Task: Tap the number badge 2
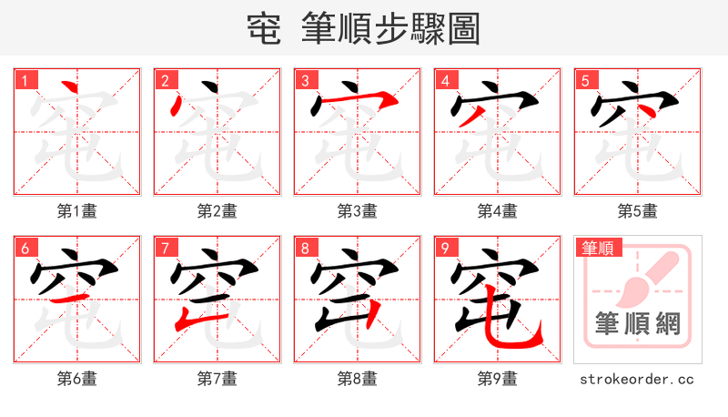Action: point(165,80)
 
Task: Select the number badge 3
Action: point(305,80)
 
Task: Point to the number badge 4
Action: point(445,80)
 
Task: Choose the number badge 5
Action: point(585,80)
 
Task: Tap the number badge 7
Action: point(165,248)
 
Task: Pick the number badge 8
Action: point(305,248)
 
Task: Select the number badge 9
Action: point(445,248)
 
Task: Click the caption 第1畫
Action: point(76,211)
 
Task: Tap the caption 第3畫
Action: point(357,211)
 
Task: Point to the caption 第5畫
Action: point(637,211)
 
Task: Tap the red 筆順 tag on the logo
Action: point(597,247)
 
